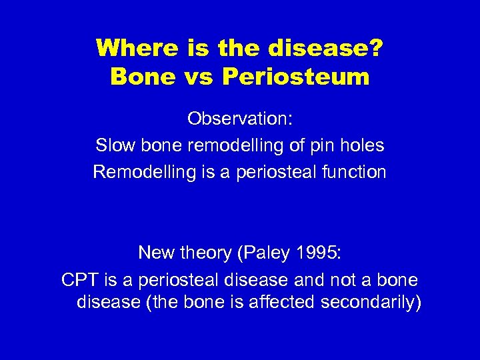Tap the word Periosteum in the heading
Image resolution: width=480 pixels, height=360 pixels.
[295, 77]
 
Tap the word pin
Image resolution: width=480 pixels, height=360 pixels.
[322, 145]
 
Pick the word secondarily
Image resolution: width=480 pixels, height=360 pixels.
[371, 302]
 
